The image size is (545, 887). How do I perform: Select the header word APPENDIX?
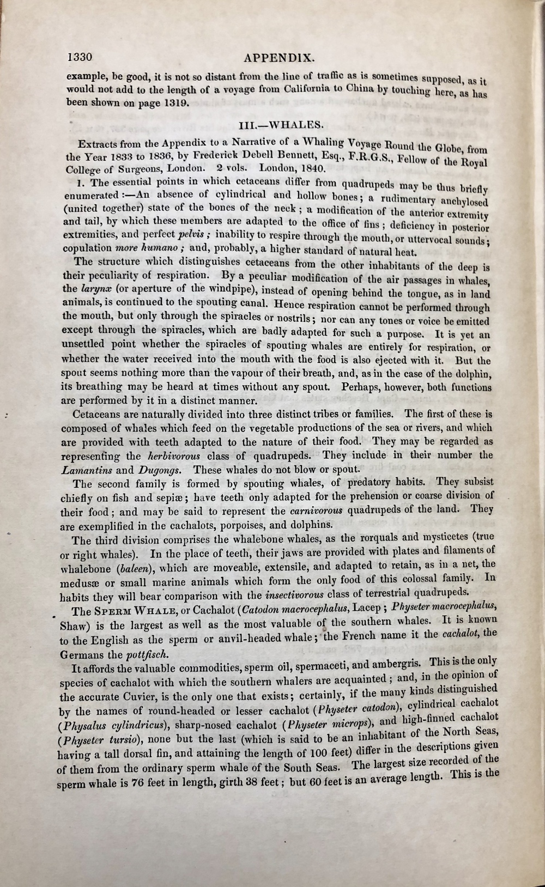click(x=277, y=58)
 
